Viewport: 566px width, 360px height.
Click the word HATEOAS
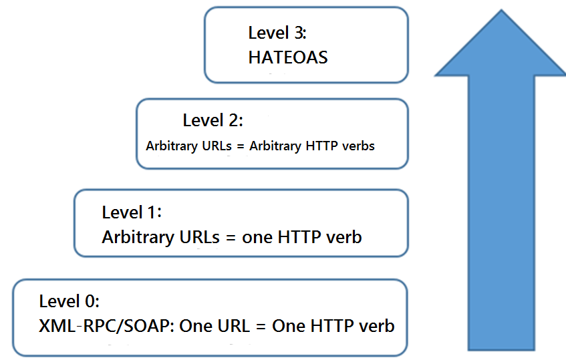[x=288, y=57]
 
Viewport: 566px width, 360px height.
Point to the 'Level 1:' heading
[x=132, y=212]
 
